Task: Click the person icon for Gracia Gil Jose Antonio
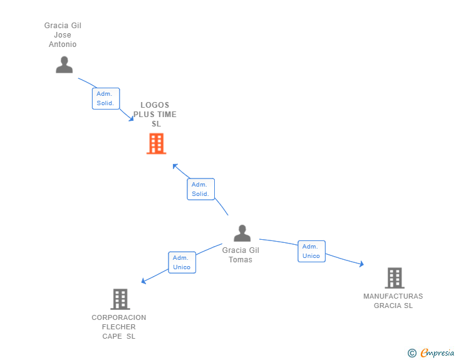click(64, 64)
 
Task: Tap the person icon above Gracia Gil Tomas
click(242, 233)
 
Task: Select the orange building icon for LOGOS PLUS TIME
click(156, 143)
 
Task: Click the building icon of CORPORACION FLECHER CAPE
click(120, 299)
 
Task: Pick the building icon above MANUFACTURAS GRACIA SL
click(394, 278)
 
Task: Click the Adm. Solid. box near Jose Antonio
click(105, 98)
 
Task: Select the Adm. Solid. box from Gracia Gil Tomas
click(200, 189)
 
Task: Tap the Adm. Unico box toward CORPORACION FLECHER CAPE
click(182, 262)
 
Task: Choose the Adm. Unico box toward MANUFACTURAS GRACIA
click(311, 251)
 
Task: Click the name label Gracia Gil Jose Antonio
click(63, 35)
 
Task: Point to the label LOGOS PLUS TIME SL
click(155, 115)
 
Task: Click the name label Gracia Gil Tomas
click(241, 255)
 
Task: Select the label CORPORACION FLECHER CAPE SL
click(119, 327)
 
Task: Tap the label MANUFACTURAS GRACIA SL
click(393, 301)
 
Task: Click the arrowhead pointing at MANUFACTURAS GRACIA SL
click(361, 264)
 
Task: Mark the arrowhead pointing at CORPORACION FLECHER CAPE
click(144, 281)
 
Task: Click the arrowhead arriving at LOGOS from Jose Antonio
click(131, 118)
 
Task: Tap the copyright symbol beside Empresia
click(412, 353)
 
